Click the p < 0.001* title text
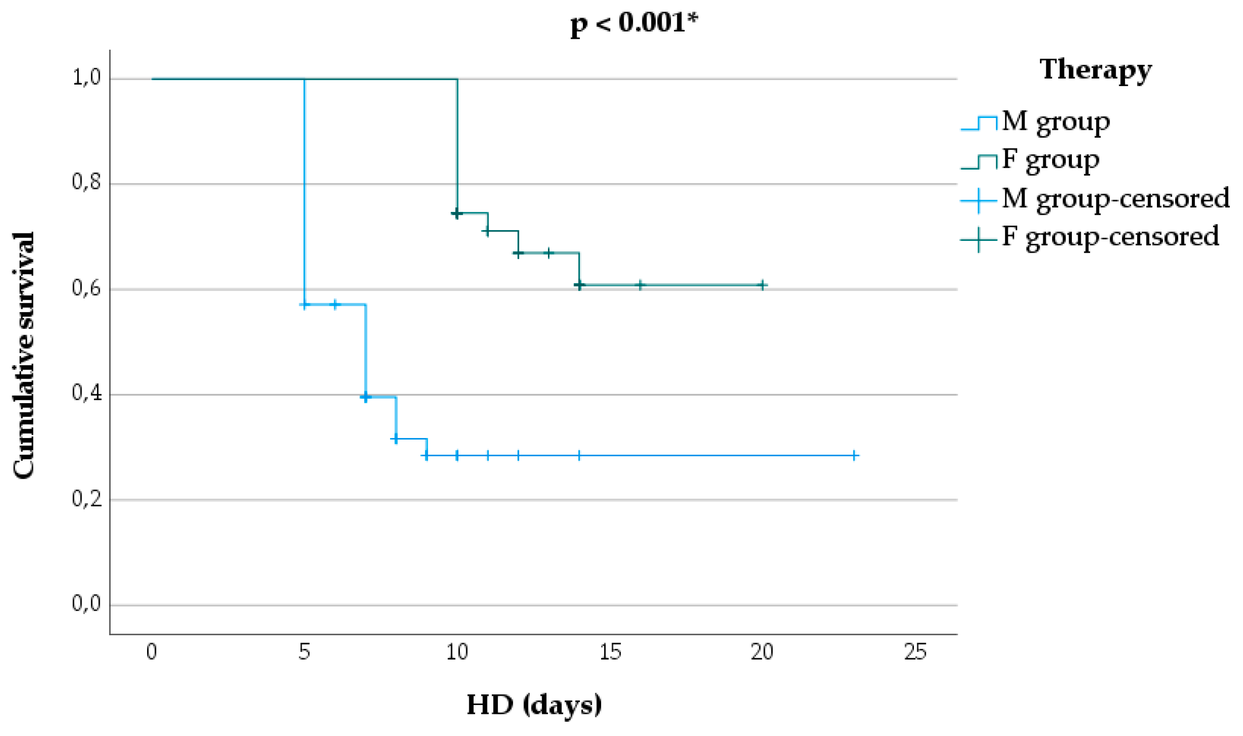tap(634, 23)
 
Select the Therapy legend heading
tap(1095, 69)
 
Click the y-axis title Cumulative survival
tap(24, 355)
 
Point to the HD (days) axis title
tap(534, 704)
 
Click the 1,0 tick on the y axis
tap(87, 77)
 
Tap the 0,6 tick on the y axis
tap(87, 288)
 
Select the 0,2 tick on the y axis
tap(87, 499)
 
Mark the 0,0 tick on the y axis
tap(87, 604)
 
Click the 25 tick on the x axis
tap(915, 652)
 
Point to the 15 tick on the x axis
tap(610, 652)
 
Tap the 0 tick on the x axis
tap(152, 652)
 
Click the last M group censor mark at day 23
tap(854, 455)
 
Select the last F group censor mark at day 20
tap(762, 285)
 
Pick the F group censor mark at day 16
tap(640, 285)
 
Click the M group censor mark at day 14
tap(579, 455)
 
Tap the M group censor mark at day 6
tap(335, 304)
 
